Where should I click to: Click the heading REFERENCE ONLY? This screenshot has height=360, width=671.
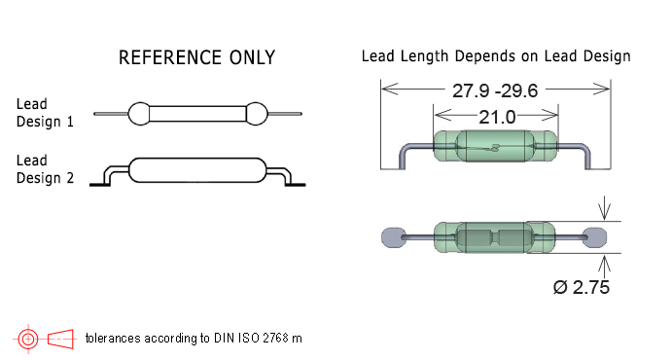(x=196, y=57)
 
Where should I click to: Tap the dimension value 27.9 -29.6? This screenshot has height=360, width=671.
(x=495, y=90)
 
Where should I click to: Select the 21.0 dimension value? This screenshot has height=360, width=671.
(x=497, y=117)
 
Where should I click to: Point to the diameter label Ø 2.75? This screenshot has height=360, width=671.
(x=582, y=287)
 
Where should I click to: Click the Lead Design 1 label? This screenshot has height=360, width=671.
(x=45, y=113)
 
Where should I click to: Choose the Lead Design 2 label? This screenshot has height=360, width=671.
(x=45, y=169)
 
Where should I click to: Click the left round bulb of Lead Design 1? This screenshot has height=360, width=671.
(x=139, y=114)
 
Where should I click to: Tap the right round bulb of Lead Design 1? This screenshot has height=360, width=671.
(x=257, y=114)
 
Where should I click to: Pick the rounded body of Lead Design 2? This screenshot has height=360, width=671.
(x=197, y=170)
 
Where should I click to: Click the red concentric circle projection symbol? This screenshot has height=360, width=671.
(x=28, y=339)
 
